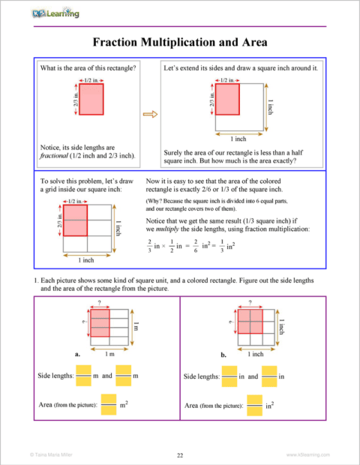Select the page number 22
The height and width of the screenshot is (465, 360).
(x=180, y=454)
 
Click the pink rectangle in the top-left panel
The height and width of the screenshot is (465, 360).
(x=91, y=100)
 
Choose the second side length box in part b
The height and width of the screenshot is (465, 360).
(x=269, y=375)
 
